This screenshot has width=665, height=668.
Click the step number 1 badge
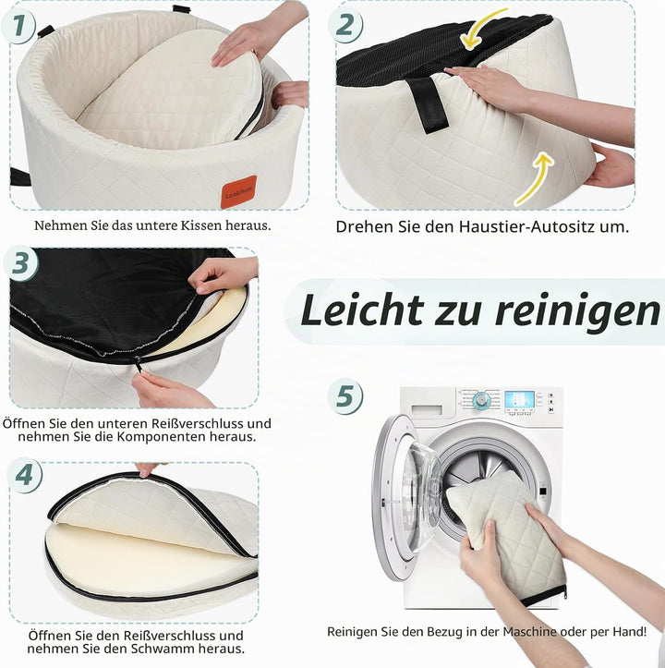(x=18, y=27)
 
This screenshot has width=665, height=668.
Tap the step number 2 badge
(x=345, y=25)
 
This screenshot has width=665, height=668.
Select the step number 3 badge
(x=20, y=263)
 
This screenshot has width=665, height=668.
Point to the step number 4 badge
(x=25, y=475)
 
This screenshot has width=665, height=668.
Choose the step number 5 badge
(x=345, y=396)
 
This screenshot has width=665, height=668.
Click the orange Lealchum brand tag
(x=238, y=192)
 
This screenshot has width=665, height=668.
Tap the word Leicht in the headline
(x=362, y=310)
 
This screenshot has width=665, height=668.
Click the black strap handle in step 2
(x=429, y=104)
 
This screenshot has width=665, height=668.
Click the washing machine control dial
(x=482, y=400)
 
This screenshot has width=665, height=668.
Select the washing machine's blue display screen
(x=519, y=400)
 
